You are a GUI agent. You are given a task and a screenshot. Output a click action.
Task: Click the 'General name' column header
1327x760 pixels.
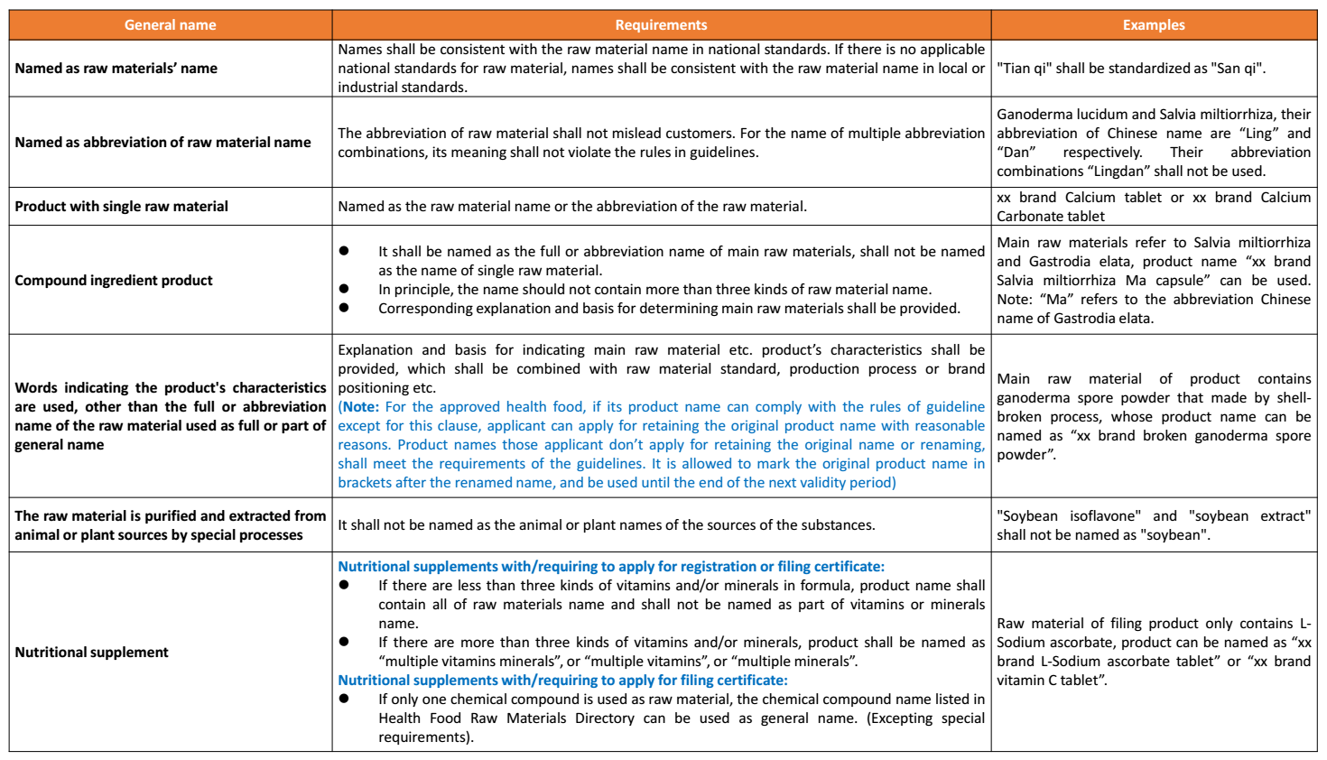[170, 25]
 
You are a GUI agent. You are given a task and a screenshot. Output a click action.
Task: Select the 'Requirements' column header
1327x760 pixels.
[661, 25]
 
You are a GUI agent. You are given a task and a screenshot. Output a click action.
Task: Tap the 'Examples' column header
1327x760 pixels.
[1153, 25]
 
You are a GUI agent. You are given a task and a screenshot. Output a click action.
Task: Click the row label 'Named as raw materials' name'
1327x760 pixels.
[116, 69]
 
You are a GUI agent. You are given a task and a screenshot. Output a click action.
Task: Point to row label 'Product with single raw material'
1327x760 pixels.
[122, 207]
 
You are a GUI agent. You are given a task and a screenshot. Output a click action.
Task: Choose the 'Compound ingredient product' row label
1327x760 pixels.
[114, 281]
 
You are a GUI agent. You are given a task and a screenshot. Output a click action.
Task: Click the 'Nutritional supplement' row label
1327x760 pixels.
[92, 653]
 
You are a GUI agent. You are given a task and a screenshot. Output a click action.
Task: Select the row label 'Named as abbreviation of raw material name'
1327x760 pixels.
[162, 143]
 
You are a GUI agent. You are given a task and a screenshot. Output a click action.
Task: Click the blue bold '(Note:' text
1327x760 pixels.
[358, 407]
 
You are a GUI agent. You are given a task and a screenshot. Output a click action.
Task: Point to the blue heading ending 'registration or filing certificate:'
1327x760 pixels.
[611, 567]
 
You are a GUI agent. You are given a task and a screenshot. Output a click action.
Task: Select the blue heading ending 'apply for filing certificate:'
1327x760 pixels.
[562, 681]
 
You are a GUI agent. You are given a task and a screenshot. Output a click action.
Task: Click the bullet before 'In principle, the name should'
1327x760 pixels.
[344, 289]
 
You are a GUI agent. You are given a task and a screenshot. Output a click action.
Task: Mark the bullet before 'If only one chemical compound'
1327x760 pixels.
[344, 699]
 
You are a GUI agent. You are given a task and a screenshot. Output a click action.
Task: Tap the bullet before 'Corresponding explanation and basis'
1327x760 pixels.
[344, 308]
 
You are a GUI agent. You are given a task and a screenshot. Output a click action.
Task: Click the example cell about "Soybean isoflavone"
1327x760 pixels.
[1153, 525]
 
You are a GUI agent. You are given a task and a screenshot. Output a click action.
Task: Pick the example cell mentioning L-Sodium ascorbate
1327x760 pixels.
[1153, 652]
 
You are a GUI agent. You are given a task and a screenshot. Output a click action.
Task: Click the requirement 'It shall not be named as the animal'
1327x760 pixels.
[606, 525]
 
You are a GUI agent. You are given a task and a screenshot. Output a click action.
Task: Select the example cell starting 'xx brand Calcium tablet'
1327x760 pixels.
[1153, 207]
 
